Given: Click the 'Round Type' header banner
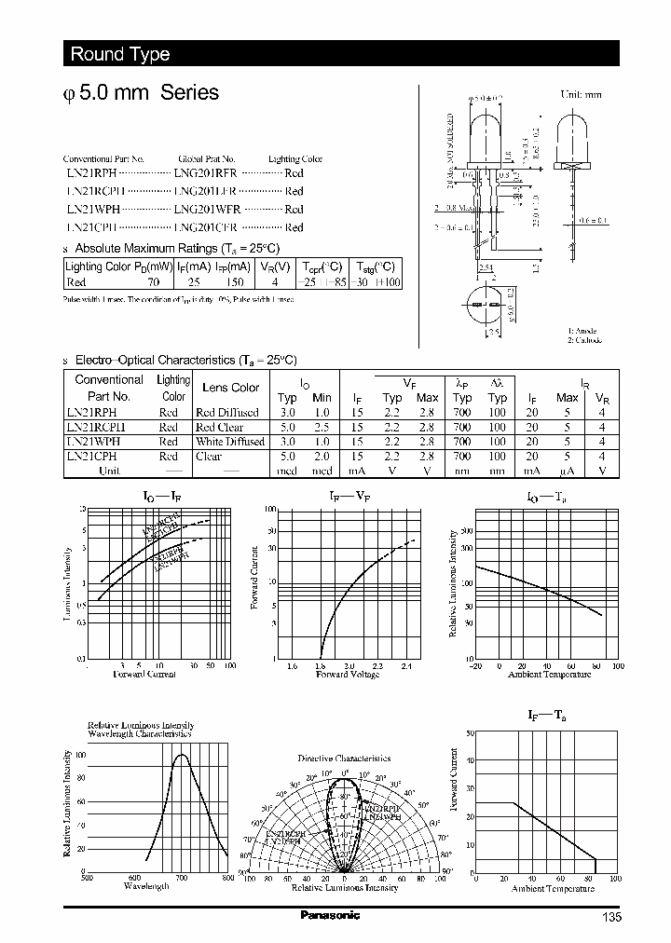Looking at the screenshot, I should click(121, 54).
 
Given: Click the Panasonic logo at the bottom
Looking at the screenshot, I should click(330, 915).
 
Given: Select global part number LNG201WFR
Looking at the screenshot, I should click(207, 210).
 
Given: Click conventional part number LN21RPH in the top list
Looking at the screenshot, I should click(91, 173).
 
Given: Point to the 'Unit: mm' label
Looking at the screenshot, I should click(581, 95).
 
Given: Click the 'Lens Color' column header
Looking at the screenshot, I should click(231, 388).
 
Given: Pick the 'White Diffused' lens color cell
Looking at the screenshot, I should click(229, 442).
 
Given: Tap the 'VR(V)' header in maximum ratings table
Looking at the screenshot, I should click(274, 266).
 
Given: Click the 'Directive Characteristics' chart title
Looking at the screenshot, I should click(344, 758).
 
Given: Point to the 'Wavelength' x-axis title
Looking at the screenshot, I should click(146, 886).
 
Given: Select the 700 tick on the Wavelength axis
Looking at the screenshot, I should click(182, 877).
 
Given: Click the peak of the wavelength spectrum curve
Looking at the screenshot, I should click(182, 754).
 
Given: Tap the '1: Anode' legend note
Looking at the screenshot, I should click(582, 331).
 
